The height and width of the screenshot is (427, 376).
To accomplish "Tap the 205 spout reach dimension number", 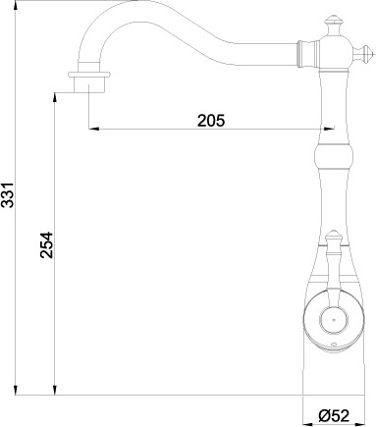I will [x=211, y=121].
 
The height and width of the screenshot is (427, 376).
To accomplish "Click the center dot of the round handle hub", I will [x=333, y=318].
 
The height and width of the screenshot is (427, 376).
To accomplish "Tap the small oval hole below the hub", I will [x=333, y=346].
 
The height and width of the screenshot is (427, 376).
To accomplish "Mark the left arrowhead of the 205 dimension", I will [x=93, y=129].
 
